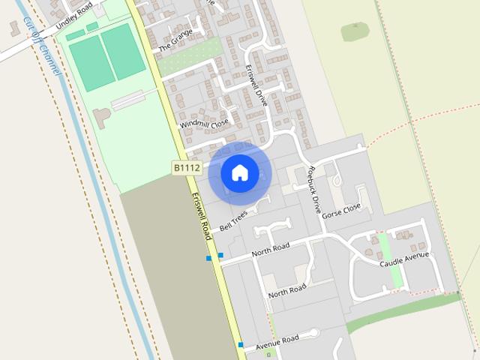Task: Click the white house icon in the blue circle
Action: (240, 173)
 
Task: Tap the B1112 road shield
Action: (187, 168)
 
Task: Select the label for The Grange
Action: (175, 40)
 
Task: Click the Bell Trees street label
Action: (234, 220)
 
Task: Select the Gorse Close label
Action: (341, 212)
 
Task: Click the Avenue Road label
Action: (277, 342)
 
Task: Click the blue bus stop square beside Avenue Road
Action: (241, 345)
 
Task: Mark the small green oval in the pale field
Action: (355, 31)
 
